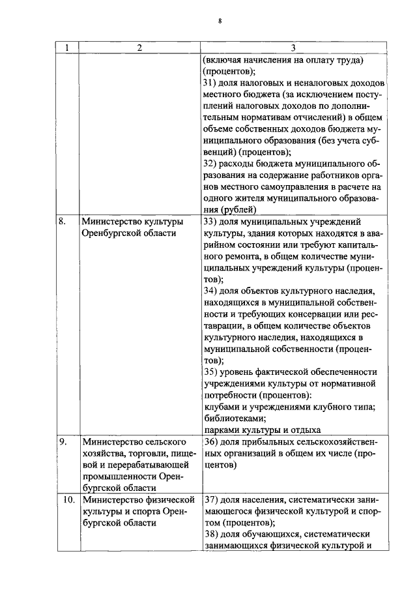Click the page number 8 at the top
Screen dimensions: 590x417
(x=220, y=21)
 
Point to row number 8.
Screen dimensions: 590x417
(x=63, y=221)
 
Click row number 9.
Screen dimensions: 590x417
(x=63, y=441)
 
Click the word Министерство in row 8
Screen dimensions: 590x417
(x=109, y=221)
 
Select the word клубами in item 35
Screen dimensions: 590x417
(x=221, y=407)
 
